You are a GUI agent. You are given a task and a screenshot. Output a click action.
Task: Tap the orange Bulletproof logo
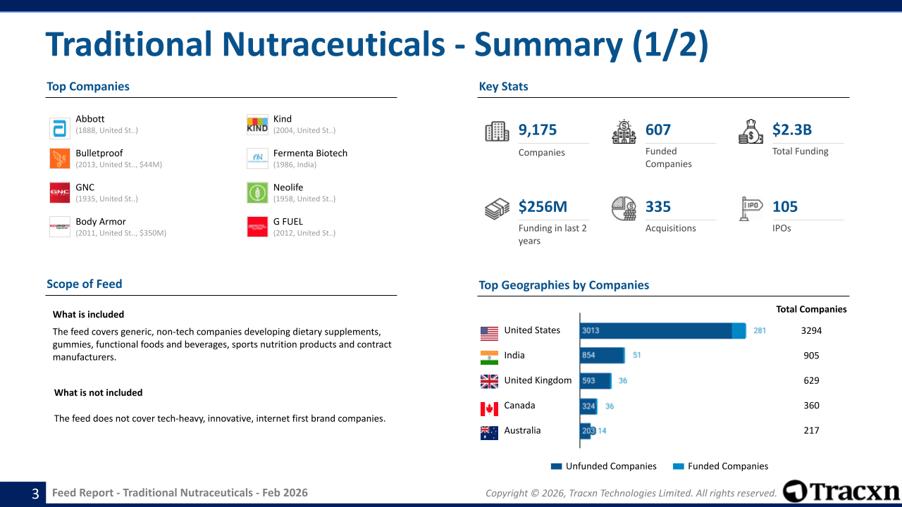pos(60,158)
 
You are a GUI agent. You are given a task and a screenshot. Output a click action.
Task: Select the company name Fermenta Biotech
pos(310,153)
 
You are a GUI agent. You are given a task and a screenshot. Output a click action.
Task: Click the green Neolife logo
pos(257,192)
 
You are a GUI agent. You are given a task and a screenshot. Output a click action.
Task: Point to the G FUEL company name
pos(288,221)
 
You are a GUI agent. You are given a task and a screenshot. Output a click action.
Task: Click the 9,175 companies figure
pos(538,130)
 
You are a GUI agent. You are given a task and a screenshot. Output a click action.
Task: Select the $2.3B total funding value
pos(792,130)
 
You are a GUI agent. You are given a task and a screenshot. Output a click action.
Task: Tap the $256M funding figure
pos(543,206)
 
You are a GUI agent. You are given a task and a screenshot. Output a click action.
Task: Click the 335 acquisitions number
pos(658,206)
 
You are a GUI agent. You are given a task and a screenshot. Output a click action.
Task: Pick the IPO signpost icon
pos(751,208)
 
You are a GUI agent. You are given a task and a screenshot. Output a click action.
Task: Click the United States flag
pos(489,332)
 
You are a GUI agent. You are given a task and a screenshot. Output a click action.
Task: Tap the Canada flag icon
pos(489,408)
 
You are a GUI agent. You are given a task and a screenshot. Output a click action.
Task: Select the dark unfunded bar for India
pos(601,356)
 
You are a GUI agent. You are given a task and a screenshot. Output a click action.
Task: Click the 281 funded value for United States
pos(760,330)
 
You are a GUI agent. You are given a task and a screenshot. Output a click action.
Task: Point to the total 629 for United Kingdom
pos(811,380)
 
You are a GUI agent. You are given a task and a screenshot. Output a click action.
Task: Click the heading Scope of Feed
pos(85,284)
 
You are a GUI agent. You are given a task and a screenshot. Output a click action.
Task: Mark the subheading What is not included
pos(99,392)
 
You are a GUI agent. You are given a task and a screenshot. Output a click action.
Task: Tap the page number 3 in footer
pos(35,494)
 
